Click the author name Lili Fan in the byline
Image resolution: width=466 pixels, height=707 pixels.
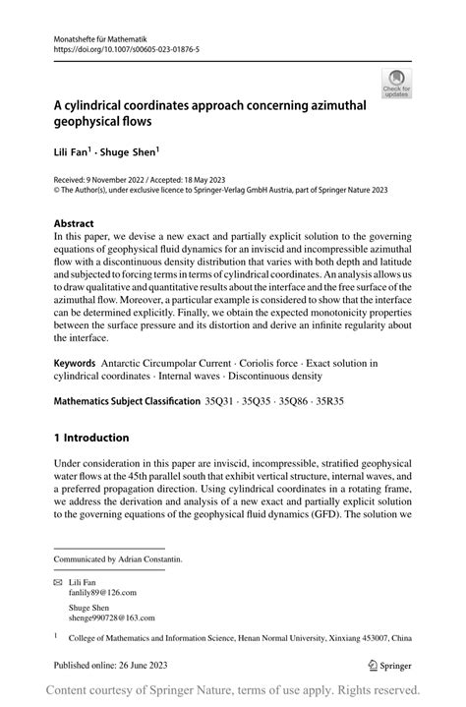[73, 153]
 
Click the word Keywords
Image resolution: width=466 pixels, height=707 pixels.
[81, 364]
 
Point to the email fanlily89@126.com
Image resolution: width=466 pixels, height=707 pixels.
[94, 592]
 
